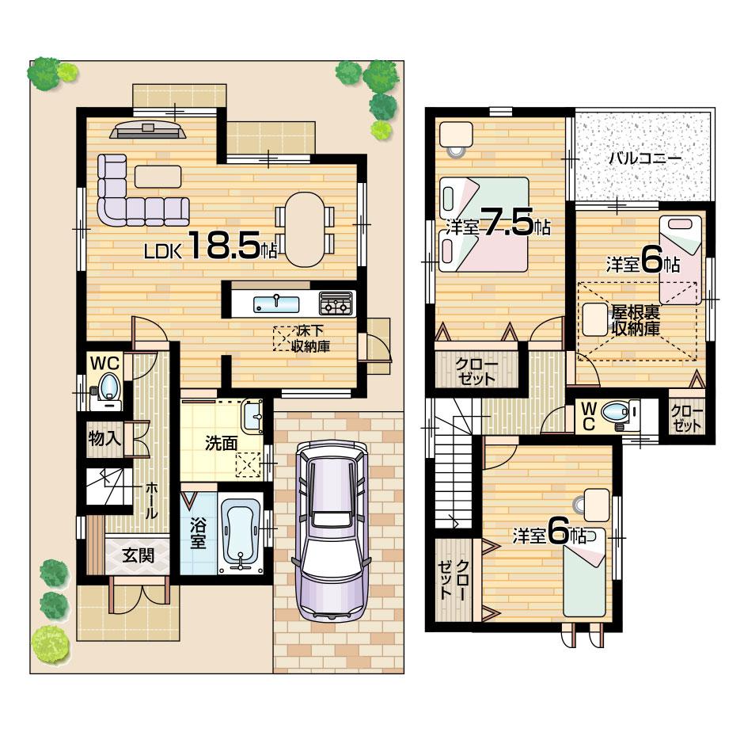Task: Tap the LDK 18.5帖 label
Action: pyautogui.click(x=210, y=249)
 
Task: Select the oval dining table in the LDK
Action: pyautogui.click(x=305, y=230)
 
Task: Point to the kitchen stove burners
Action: pyautogui.click(x=336, y=303)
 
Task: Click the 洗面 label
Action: pyautogui.click(x=221, y=443)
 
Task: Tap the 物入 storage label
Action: pyautogui.click(x=104, y=441)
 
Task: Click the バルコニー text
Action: pyautogui.click(x=644, y=158)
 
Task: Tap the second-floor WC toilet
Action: pyautogui.click(x=617, y=413)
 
